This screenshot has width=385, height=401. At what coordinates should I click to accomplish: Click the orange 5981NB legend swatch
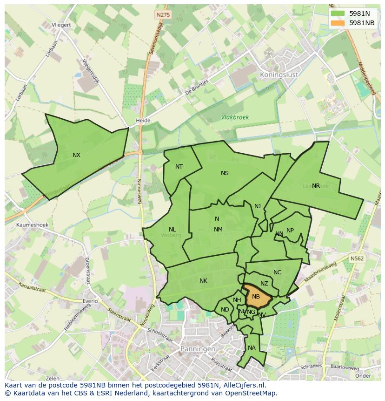click(x=338, y=23)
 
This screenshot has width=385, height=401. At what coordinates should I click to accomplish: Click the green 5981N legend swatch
click(x=338, y=14)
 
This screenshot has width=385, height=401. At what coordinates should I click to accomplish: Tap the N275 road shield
click(x=163, y=15)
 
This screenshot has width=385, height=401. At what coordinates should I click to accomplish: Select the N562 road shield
click(x=357, y=258)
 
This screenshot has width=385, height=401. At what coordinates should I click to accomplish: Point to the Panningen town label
click(x=198, y=348)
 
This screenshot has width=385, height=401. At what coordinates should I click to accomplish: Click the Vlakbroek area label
click(x=235, y=117)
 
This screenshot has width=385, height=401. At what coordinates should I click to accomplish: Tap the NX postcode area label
click(x=76, y=155)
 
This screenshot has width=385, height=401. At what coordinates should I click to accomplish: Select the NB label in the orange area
click(x=256, y=296)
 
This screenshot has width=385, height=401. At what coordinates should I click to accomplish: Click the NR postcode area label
click(x=316, y=186)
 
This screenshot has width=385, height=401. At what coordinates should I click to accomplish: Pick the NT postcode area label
click(x=179, y=167)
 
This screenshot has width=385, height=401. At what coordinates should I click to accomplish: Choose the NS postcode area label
click(x=225, y=173)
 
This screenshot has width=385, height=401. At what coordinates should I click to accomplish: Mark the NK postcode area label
click(x=203, y=281)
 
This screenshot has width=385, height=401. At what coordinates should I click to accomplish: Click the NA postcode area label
click(x=252, y=348)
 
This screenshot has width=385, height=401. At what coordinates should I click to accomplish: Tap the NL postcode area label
click(x=172, y=230)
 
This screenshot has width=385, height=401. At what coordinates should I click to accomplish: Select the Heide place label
click(x=143, y=121)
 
